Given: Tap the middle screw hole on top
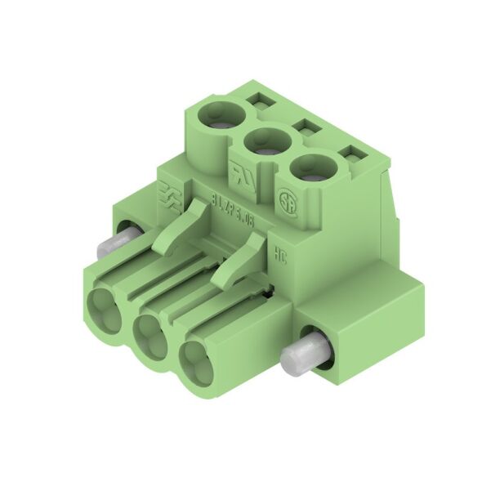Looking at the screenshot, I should click(x=264, y=140).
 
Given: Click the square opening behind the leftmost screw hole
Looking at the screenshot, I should click(x=261, y=100).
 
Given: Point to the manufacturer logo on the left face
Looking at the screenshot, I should click(x=170, y=194).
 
